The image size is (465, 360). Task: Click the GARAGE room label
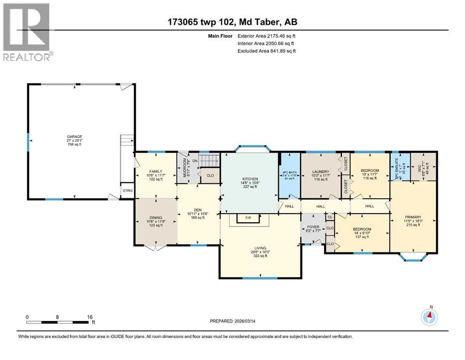point(74,136)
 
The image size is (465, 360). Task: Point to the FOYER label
point(312,227)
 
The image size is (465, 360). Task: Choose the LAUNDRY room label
point(320,172)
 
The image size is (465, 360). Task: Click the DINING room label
point(156,218)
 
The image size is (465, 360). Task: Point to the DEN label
point(198,210)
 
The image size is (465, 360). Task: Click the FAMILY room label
point(155,172)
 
